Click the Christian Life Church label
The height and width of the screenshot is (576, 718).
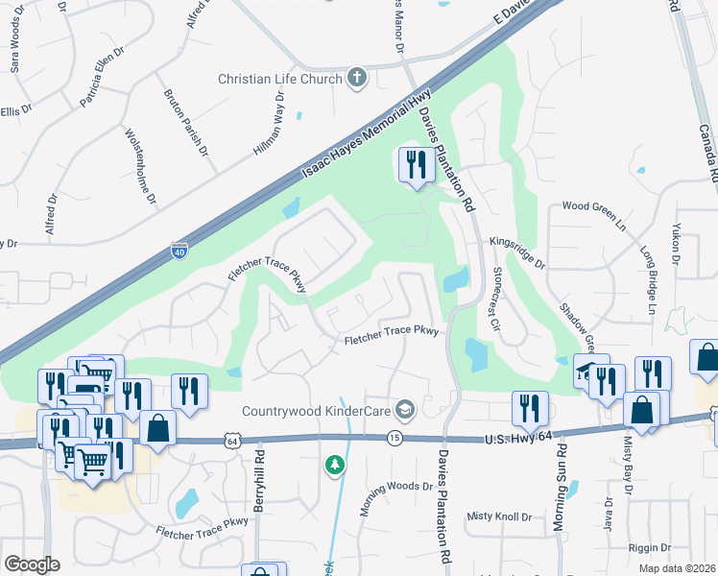pos(280,79)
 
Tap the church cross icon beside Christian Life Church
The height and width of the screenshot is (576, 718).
pos(357,78)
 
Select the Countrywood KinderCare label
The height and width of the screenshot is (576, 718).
pos(316,411)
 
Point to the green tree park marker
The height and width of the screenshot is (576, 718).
pos(334,466)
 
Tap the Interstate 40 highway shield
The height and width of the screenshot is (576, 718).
pos(179,251)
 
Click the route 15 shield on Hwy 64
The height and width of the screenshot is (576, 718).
pos(394,438)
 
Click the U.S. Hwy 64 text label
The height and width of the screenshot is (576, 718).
pos(515,439)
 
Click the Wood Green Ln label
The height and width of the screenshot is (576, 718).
pos(593,205)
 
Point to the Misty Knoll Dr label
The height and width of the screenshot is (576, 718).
pos(499,516)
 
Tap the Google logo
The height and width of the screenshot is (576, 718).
pos(32,564)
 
